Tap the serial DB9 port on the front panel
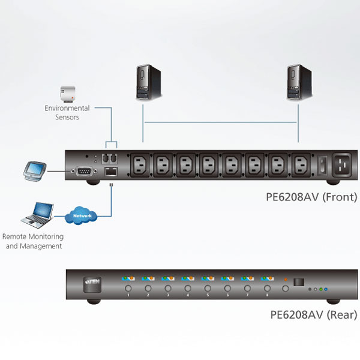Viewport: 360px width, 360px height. pyautogui.click(x=83, y=172)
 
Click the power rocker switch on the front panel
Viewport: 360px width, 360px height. pyautogui.click(x=322, y=163)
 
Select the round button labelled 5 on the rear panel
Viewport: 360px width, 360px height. pyautogui.click(x=208, y=289)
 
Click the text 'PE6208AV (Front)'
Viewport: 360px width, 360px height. pyautogui.click(x=311, y=197)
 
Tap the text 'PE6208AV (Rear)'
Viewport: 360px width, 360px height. pyautogui.click(x=313, y=314)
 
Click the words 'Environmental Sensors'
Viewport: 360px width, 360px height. pyautogui.click(x=67, y=113)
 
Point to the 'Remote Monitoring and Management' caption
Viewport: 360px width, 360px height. pyautogui.click(x=32, y=241)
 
